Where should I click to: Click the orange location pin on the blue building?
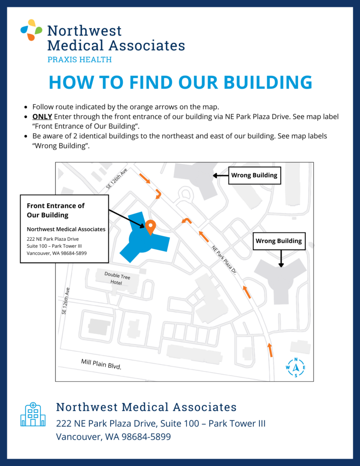click(151, 226)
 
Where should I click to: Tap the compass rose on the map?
click(296, 367)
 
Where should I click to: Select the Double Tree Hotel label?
click(113, 278)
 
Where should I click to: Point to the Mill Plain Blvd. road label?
click(101, 364)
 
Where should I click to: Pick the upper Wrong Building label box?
click(254, 175)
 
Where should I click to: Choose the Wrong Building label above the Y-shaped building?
click(279, 241)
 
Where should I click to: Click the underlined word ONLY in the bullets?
click(42, 116)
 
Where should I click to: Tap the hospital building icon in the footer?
click(33, 415)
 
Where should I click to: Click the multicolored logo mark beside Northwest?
click(31, 30)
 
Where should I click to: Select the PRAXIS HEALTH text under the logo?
click(80, 60)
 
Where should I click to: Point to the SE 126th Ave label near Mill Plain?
click(66, 301)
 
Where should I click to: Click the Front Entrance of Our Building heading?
click(56, 210)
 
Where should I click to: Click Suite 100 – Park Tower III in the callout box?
click(54, 246)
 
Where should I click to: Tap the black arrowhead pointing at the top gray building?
click(215, 175)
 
